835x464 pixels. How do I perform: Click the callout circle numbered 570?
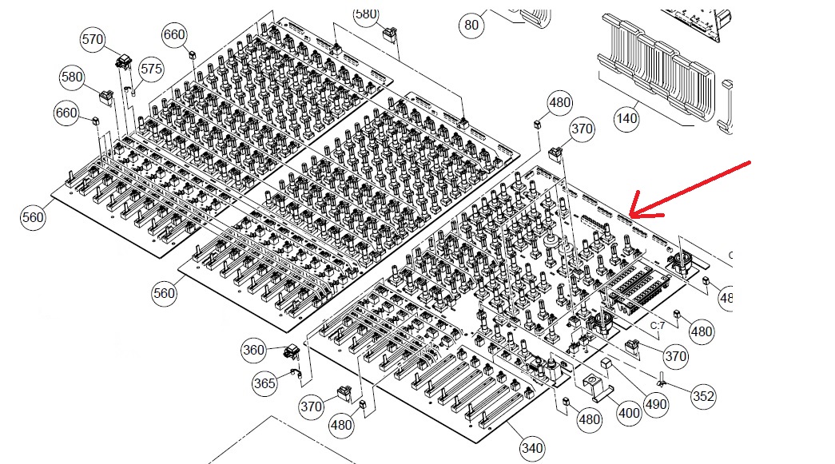93,39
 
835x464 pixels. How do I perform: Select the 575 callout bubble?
151,69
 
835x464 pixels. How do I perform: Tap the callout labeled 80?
471,25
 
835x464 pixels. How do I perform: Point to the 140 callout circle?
626,118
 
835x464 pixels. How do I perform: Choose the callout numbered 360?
253,350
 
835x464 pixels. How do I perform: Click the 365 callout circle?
264,383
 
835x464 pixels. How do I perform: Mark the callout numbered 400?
629,413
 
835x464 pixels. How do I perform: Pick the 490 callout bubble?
655,405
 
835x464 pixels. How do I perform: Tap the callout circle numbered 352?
703,396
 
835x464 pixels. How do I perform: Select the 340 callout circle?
532,449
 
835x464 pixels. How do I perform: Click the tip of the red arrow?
630,215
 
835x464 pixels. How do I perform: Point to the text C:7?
658,326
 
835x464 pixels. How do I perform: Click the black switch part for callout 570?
124,61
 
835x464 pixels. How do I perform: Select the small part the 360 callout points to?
292,351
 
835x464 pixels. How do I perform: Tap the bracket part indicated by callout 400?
594,387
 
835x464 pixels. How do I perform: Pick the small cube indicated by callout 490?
605,364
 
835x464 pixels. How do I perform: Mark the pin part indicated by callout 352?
662,379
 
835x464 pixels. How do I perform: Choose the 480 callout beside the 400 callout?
590,420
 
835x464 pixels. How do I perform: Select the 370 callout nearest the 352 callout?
676,356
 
